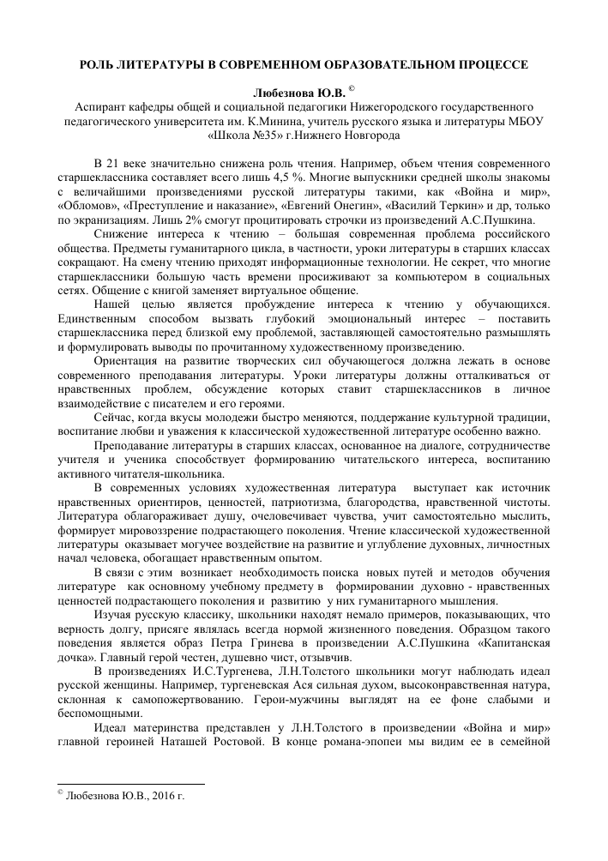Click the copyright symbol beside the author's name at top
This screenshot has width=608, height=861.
click(x=352, y=87)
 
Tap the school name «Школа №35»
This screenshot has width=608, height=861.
click(x=244, y=135)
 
